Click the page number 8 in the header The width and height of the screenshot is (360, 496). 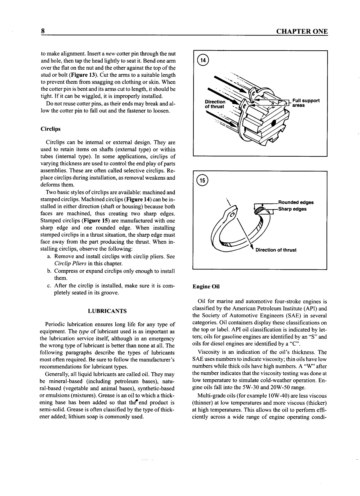coord(43,32)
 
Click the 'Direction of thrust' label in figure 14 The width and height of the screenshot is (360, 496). coord(215,104)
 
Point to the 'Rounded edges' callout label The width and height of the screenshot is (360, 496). coord(296,202)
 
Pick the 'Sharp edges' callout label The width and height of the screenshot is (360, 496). coord(292,209)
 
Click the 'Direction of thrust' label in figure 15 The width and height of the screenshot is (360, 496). coord(276,250)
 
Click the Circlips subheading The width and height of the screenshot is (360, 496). coord(51,129)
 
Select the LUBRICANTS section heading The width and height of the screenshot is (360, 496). coord(107,311)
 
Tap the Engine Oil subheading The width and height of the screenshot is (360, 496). coord(206,286)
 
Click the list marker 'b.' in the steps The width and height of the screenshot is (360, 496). coord(49,271)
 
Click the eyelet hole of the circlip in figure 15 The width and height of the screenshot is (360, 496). coord(233,215)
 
